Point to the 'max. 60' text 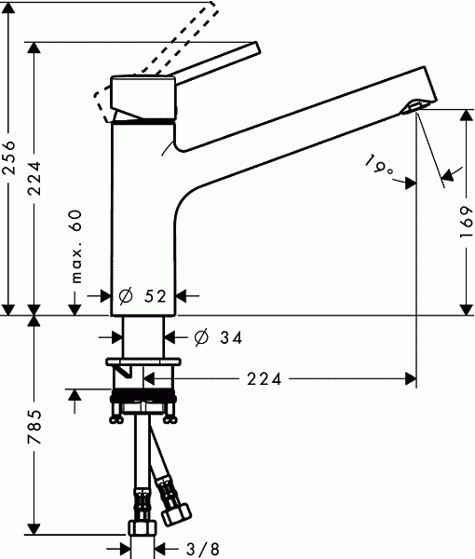pos(77,247)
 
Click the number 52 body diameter pos(155,296)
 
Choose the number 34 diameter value pos(232,339)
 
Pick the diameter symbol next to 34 pos(201,338)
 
